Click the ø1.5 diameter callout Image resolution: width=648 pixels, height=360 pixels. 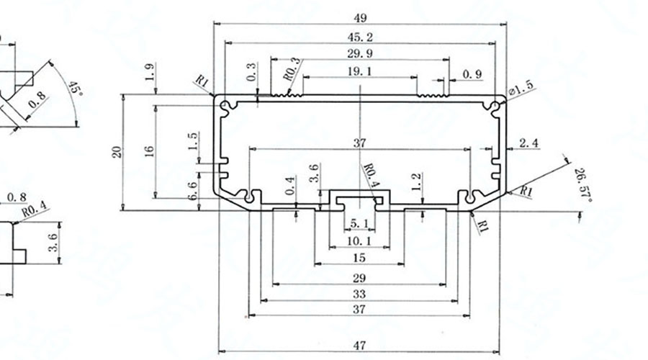[x=521, y=89]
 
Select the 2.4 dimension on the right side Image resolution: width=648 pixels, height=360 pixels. [x=528, y=144]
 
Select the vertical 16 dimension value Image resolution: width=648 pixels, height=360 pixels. [x=149, y=151]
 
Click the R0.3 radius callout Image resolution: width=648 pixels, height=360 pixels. [x=291, y=69]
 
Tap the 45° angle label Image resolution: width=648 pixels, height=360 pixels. [x=76, y=89]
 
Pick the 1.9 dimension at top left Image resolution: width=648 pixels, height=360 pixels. [x=149, y=72]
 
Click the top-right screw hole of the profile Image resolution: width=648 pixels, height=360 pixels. [x=495, y=106]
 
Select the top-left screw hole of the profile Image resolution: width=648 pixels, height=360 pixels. [x=226, y=107]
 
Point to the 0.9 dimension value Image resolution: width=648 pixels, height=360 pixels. [x=472, y=74]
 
